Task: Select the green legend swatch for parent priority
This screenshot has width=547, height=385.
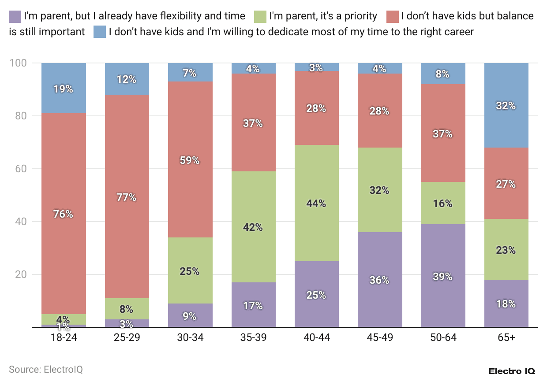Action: [x=260, y=17]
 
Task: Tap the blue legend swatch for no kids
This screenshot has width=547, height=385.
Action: [x=100, y=32]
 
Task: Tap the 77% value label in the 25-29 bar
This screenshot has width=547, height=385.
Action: [x=127, y=197]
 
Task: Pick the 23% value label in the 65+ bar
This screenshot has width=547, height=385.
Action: [x=506, y=250]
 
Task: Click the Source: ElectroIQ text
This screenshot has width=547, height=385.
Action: [x=46, y=369]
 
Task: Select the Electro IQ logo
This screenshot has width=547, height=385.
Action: [x=512, y=371]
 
